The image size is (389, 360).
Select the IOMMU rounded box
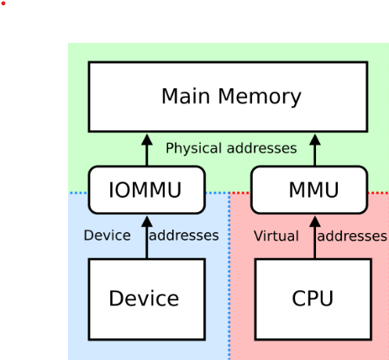point(146,190)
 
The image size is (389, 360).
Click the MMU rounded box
point(309,190)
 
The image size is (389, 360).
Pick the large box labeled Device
point(146,298)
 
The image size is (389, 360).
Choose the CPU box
point(313,298)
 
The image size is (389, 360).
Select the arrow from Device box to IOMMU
point(146,237)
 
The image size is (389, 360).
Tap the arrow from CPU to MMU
point(316,237)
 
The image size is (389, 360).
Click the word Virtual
point(276,236)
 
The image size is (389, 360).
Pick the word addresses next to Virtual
point(352,236)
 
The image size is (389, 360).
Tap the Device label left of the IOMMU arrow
point(107,236)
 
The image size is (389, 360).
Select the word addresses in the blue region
point(183,236)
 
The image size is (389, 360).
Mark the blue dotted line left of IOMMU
point(78,193)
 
